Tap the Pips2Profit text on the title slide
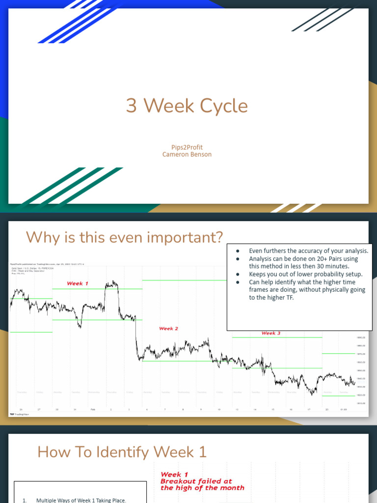pos(187,147)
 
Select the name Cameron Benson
pos(187,154)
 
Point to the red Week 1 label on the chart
pos(78,283)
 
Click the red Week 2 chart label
pos(168,329)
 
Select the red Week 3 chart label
pos(270,333)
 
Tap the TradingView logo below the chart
pos(18,415)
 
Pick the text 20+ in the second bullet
pos(308,259)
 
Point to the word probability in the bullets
pos(324,274)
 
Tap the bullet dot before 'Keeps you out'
pos(237,274)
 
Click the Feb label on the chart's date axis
pos(93,409)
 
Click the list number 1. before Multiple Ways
pos(25,500)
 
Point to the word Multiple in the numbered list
pos(48,500)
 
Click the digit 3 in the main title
pos(131,106)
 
